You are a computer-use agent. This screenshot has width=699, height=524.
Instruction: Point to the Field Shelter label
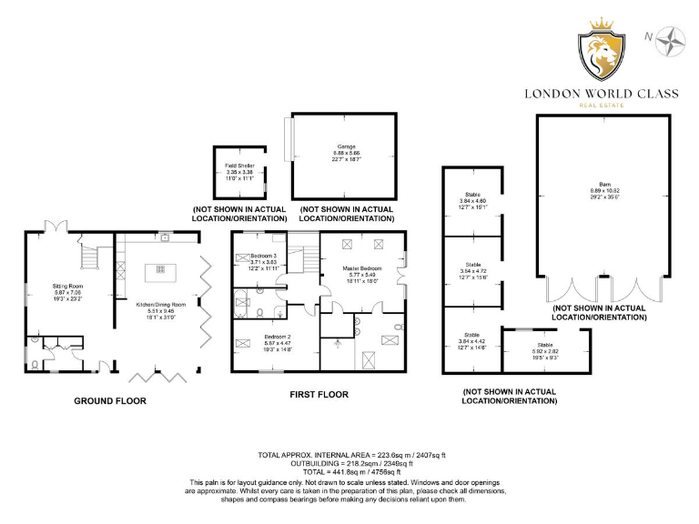[240, 170]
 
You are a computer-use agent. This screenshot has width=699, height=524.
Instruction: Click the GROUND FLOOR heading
[109, 400]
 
